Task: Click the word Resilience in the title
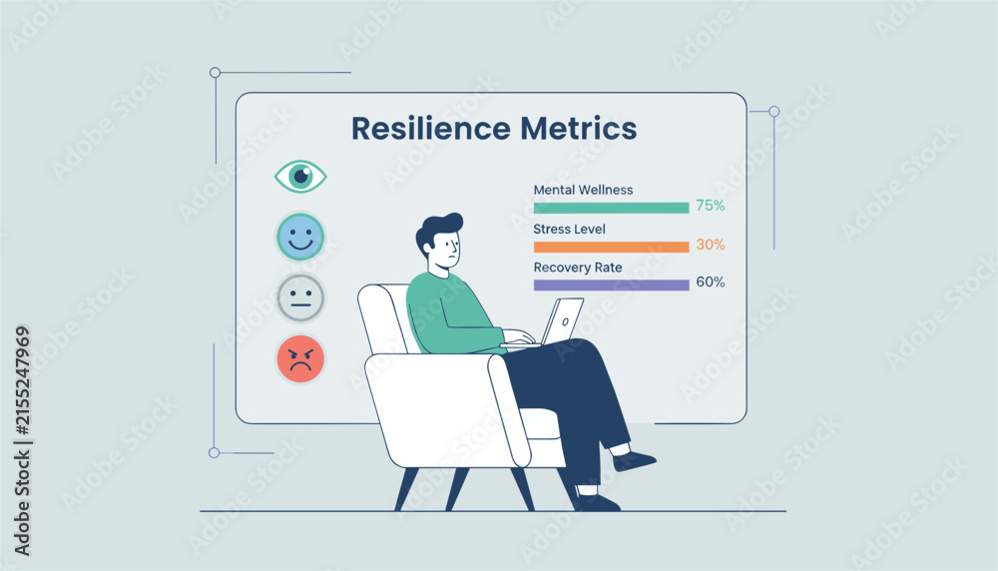tap(431, 128)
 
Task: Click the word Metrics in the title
tap(579, 128)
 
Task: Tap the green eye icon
tap(300, 177)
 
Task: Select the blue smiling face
tap(300, 237)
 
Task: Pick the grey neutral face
tap(300, 297)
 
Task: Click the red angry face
tap(300, 359)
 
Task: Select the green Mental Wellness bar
tap(611, 208)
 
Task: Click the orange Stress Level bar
tap(611, 247)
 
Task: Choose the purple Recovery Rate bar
tap(611, 285)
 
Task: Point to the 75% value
tap(711, 206)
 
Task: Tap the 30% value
tap(711, 245)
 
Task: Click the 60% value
tap(711, 282)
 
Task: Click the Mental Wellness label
tap(583, 190)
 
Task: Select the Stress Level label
tap(569, 230)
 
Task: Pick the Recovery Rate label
tap(578, 268)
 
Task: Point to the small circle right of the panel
tap(774, 112)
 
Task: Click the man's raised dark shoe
tap(633, 461)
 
